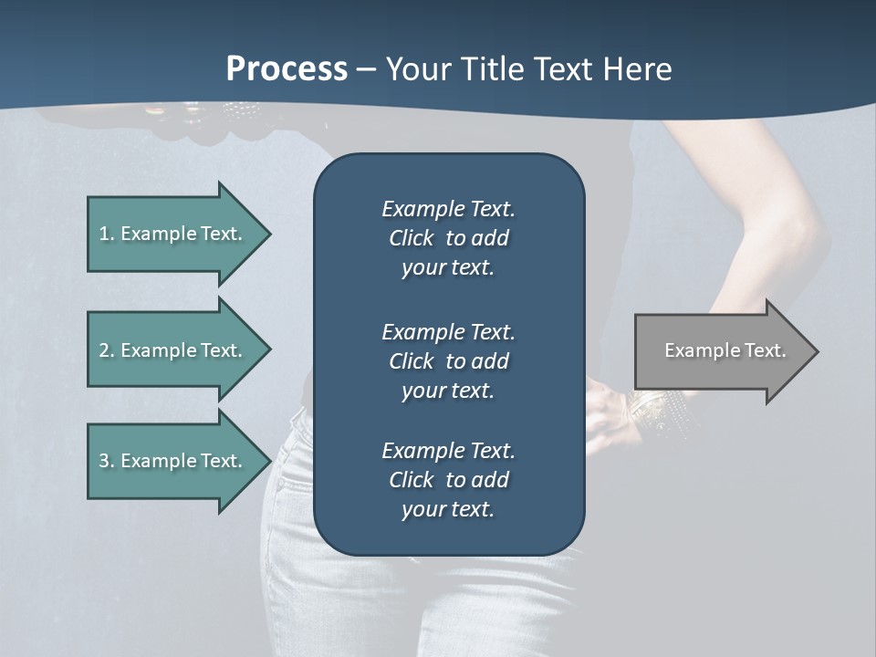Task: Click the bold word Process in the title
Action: pos(287,69)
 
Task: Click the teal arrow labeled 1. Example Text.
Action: pos(173,234)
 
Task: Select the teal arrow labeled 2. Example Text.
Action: pos(173,350)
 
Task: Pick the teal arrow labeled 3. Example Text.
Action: pos(173,461)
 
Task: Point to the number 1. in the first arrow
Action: pos(107,234)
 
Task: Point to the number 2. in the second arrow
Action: pos(107,350)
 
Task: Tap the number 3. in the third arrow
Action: pos(107,461)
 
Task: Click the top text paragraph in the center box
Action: pos(448,238)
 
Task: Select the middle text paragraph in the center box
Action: pos(448,361)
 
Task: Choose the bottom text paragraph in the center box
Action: pos(448,480)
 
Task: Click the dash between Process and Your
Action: pos(367,69)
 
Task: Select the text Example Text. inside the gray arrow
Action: pos(725,350)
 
